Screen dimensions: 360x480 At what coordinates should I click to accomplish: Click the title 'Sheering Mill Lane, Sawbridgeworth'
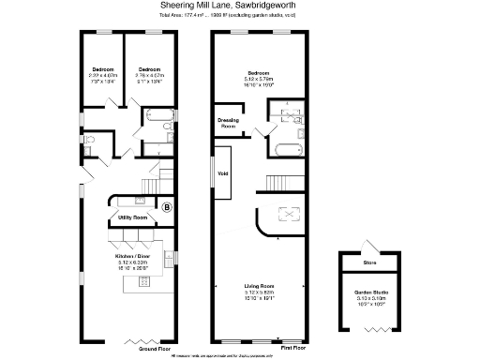(239, 6)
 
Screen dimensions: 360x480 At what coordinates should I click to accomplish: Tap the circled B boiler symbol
(168, 206)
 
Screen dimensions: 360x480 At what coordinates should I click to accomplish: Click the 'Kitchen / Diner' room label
(133, 256)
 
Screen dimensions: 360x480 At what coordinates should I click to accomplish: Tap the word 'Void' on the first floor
(223, 173)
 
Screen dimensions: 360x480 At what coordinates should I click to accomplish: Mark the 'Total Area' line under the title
(239, 17)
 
